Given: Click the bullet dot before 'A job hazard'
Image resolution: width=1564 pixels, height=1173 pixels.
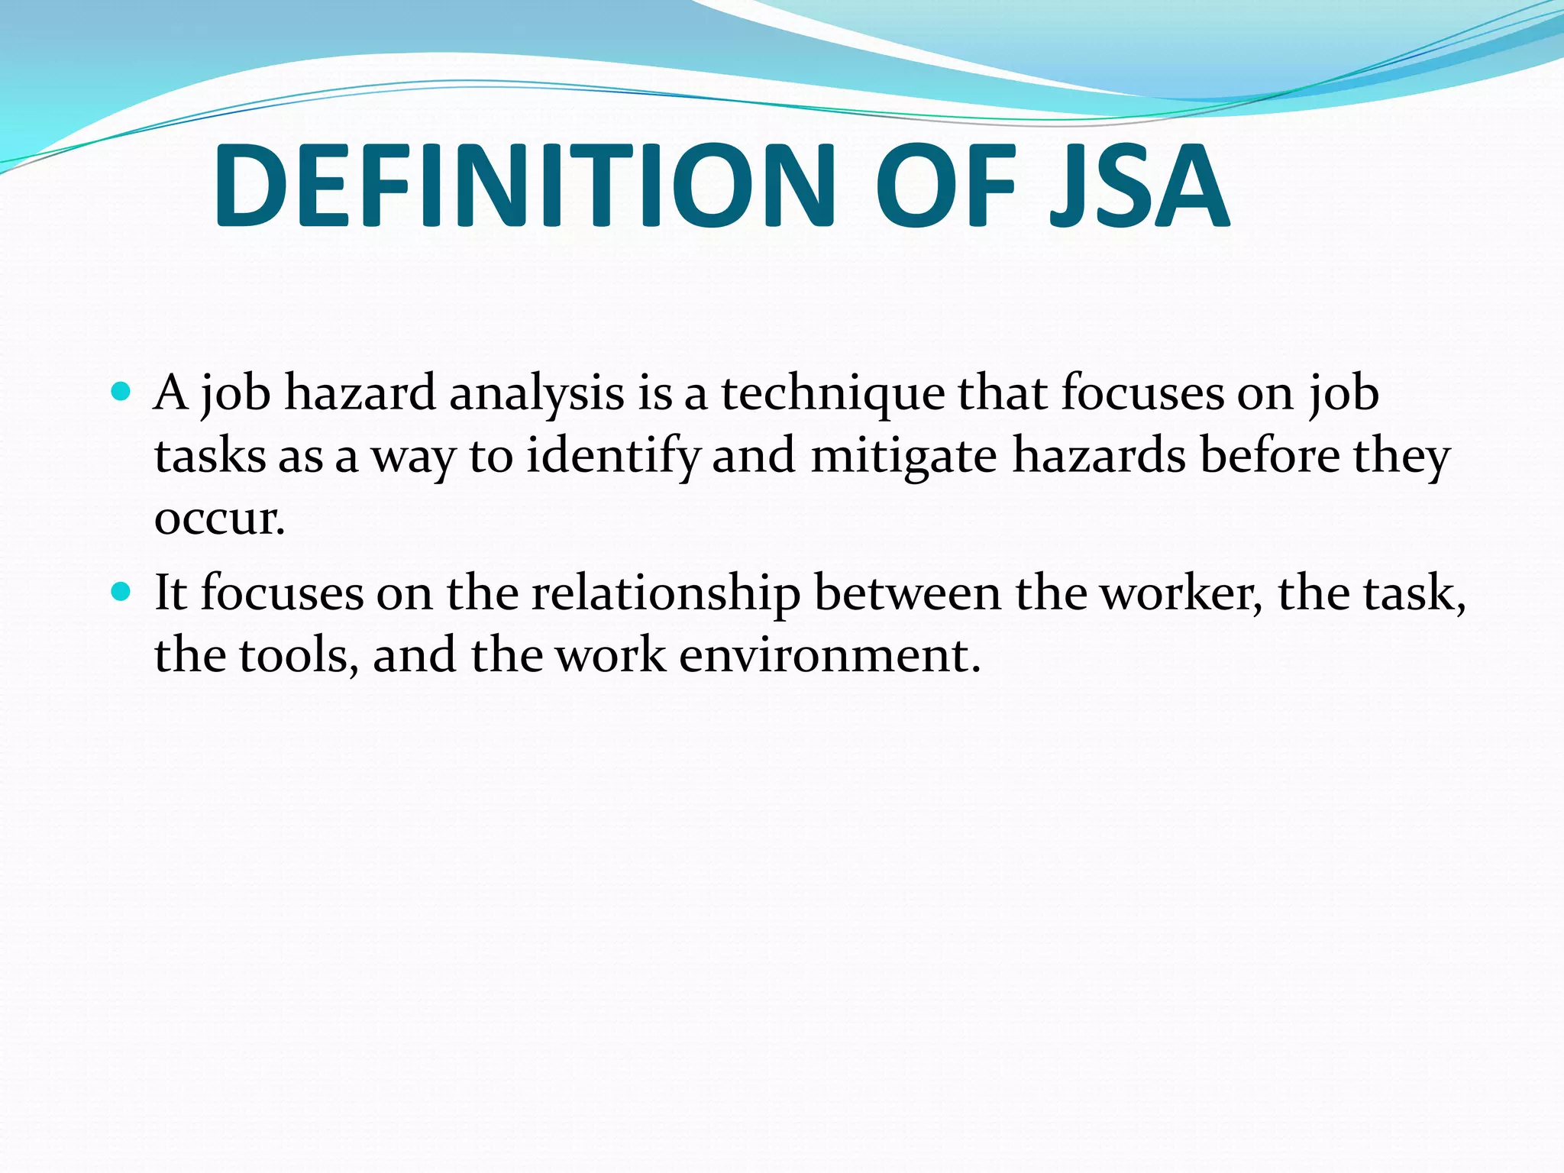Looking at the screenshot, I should point(121,393).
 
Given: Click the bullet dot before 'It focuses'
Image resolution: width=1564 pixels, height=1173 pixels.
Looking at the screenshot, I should point(121,592).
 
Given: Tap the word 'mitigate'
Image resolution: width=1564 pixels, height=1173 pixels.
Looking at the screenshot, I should point(903,457).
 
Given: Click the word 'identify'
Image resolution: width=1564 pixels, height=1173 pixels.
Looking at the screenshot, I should point(613,457).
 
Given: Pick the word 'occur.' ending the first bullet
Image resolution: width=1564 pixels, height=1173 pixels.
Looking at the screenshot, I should point(220,519).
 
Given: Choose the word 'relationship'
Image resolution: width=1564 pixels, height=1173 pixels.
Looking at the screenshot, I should point(666,594).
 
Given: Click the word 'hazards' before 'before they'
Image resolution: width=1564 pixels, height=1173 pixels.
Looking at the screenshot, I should point(1100,457).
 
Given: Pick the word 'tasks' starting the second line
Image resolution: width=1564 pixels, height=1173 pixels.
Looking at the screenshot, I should point(209,457).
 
